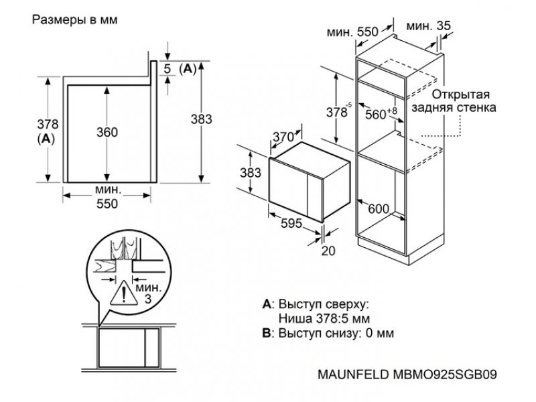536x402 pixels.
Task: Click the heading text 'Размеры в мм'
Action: (x=74, y=20)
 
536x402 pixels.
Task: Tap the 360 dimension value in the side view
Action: (x=107, y=132)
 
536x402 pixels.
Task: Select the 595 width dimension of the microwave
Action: (x=291, y=223)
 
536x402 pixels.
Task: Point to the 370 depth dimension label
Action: (x=283, y=137)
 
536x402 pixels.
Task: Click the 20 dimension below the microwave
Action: (x=328, y=251)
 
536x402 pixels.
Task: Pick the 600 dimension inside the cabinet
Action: (x=379, y=209)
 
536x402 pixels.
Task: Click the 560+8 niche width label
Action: (x=381, y=114)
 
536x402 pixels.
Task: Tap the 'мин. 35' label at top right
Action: (x=429, y=25)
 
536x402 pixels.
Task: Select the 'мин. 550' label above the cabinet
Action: (x=352, y=32)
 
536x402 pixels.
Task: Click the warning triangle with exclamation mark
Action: (x=124, y=293)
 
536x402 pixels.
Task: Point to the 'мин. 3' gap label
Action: (x=148, y=293)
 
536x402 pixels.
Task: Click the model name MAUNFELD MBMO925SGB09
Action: (x=407, y=375)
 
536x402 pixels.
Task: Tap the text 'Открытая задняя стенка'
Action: (x=454, y=101)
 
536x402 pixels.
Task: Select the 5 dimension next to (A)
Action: (x=167, y=69)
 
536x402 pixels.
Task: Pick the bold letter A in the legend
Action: (x=266, y=304)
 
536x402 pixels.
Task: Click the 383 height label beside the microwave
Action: (x=250, y=173)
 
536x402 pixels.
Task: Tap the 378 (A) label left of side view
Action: (x=48, y=131)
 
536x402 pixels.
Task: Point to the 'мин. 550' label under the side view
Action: (x=107, y=197)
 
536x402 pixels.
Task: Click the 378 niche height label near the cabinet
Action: (x=338, y=111)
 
